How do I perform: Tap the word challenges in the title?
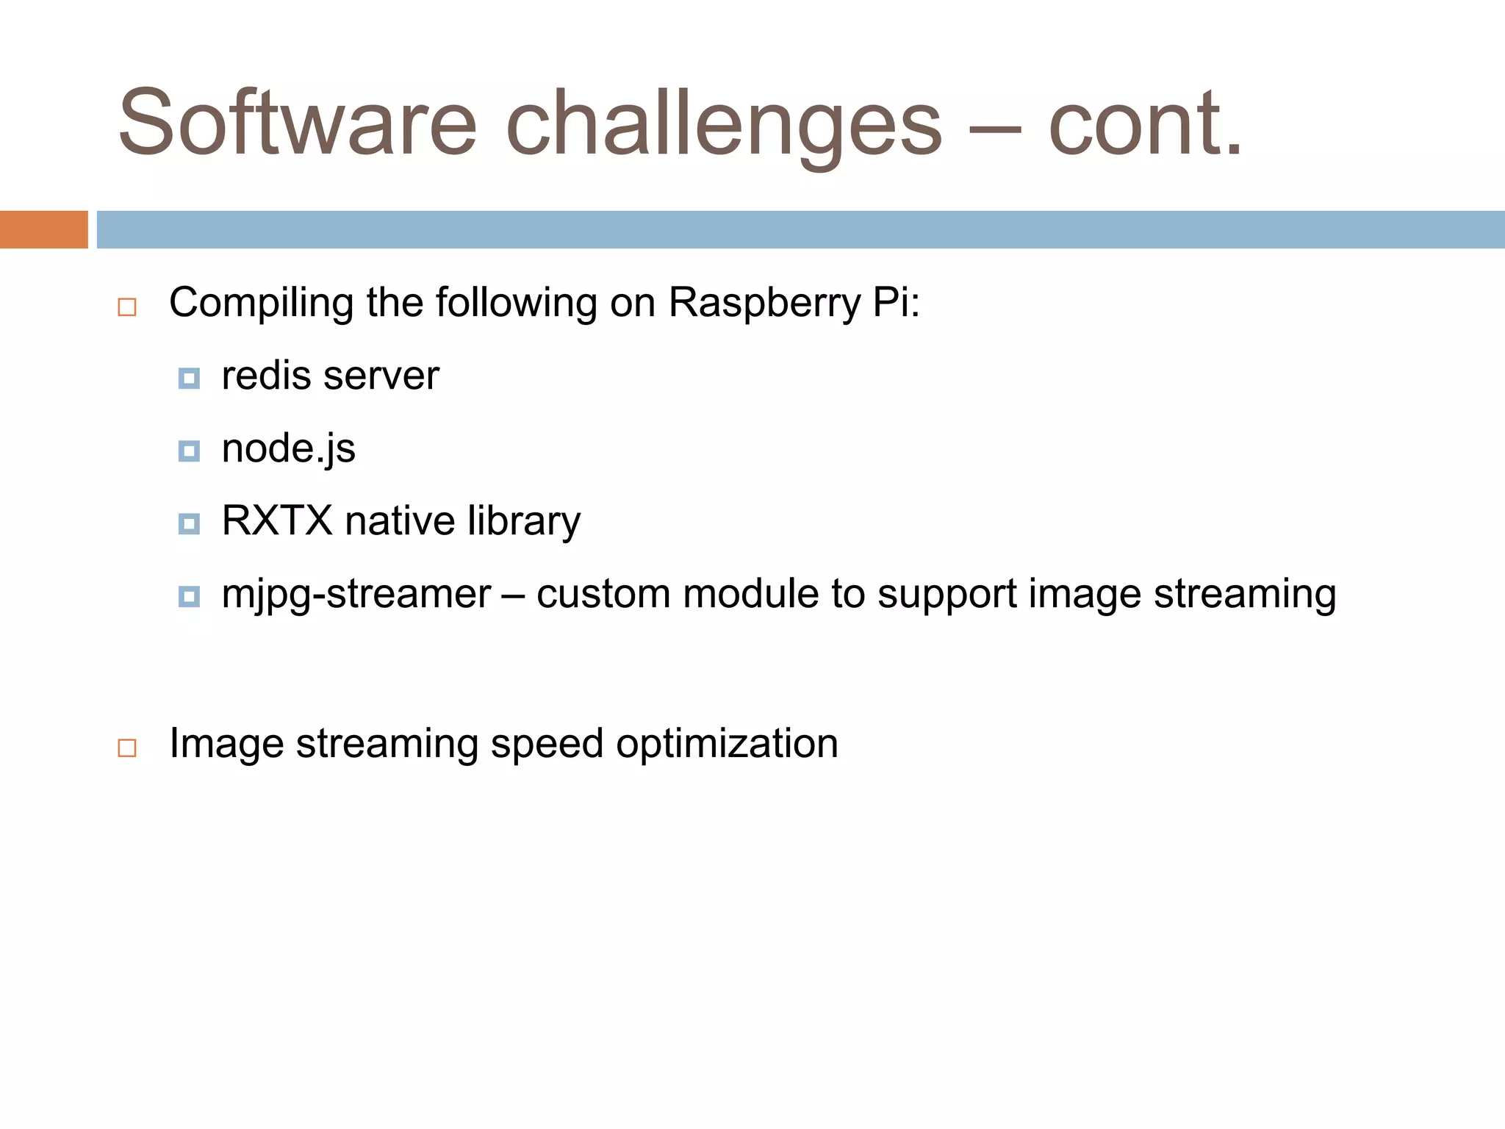click(724, 123)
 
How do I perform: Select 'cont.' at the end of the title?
click(1145, 123)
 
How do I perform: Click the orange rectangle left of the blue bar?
click(43, 229)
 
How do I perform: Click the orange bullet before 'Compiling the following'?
click(127, 307)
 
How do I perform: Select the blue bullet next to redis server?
click(189, 379)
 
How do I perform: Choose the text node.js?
click(288, 448)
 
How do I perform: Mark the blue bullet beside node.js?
click(189, 451)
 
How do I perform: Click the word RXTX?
click(277, 520)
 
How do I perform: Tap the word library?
click(523, 520)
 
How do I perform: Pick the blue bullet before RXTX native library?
click(189, 524)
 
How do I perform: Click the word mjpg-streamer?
click(356, 594)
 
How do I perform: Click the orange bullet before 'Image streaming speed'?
click(127, 748)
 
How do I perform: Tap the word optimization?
click(727, 743)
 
